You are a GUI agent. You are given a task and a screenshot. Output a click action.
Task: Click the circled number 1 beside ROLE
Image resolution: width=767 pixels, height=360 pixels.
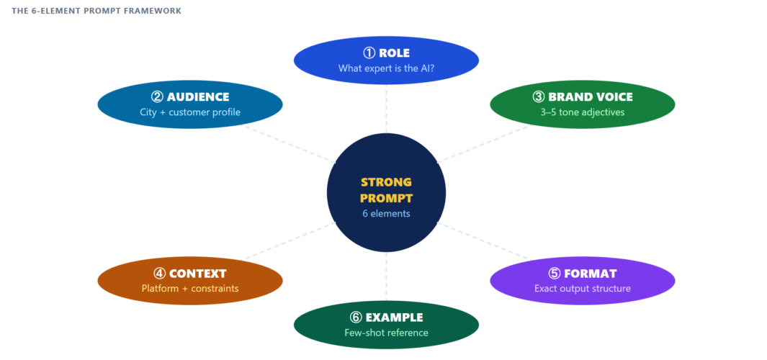(369, 53)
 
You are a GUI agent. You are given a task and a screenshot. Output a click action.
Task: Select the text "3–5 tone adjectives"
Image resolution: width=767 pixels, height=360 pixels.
(582, 112)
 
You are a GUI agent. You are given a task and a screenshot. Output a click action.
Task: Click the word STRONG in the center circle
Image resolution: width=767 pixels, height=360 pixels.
(386, 182)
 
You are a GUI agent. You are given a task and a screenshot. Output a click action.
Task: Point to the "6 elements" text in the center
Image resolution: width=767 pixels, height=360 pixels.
(386, 213)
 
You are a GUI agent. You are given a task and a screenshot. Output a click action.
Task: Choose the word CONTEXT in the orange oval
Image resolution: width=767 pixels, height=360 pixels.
(197, 274)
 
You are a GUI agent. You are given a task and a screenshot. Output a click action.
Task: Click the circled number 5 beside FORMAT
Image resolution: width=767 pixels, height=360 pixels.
(554, 274)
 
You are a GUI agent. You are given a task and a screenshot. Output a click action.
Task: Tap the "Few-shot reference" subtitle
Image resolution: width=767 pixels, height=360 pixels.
(386, 333)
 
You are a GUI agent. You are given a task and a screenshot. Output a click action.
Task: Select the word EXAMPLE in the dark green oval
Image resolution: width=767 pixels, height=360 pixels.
(394, 318)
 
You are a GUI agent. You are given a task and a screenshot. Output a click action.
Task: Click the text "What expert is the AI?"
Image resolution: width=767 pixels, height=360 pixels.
(386, 68)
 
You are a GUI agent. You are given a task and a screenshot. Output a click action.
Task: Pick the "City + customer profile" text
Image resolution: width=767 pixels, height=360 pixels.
(189, 112)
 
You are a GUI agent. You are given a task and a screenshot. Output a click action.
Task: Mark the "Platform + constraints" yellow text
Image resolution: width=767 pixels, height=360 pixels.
(189, 289)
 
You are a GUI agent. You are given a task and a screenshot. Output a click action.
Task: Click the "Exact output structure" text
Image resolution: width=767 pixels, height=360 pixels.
(582, 289)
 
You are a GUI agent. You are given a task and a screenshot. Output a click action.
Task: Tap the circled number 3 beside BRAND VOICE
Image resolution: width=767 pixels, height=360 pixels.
(538, 96)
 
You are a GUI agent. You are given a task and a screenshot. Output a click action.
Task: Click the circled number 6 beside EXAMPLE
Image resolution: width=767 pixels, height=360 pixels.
(356, 318)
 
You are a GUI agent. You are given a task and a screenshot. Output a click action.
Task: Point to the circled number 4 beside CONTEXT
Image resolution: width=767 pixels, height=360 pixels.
(159, 274)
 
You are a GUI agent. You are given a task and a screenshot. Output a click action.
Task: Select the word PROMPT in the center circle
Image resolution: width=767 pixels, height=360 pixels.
(386, 197)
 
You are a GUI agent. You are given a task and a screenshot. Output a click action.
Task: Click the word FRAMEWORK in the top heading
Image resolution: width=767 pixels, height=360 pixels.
(153, 11)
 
